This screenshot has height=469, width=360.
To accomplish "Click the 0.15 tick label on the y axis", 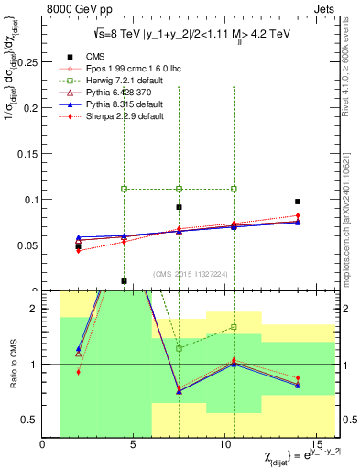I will [x=28, y=154].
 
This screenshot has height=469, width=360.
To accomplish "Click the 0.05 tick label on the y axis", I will [x=28, y=245].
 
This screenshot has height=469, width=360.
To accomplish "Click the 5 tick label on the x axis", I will [x=135, y=444].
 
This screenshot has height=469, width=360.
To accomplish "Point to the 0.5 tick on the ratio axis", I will [x=30, y=420].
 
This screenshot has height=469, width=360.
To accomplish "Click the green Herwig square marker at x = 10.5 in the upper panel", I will [x=235, y=189].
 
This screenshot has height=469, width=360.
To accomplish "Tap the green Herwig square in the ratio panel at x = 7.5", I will [x=180, y=348].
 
